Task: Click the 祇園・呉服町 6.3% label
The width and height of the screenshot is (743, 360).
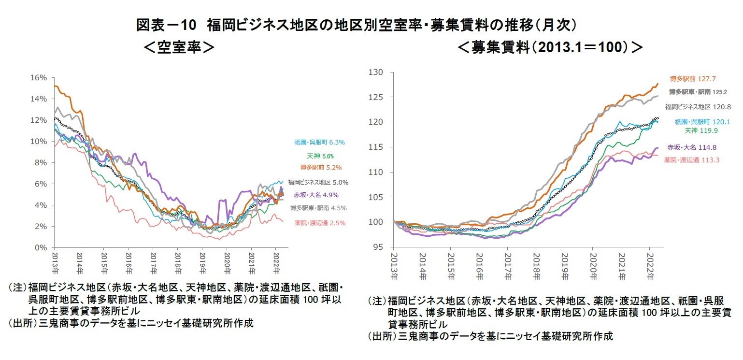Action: (319, 143)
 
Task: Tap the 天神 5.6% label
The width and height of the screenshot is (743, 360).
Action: (320, 156)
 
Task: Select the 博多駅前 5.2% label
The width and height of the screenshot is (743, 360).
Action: (321, 168)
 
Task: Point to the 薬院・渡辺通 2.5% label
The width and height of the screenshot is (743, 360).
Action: (320, 223)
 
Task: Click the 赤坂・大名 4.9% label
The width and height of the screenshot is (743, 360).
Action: (318, 195)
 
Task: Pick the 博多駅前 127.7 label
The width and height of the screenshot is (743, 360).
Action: (693, 78)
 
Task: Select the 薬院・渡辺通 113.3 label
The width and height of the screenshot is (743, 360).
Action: (692, 160)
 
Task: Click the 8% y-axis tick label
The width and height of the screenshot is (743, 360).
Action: (41, 163)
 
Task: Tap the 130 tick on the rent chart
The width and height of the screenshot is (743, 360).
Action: (376, 72)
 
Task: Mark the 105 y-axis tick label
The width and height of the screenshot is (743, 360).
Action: (376, 197)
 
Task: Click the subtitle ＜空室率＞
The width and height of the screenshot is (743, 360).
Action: (179, 48)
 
